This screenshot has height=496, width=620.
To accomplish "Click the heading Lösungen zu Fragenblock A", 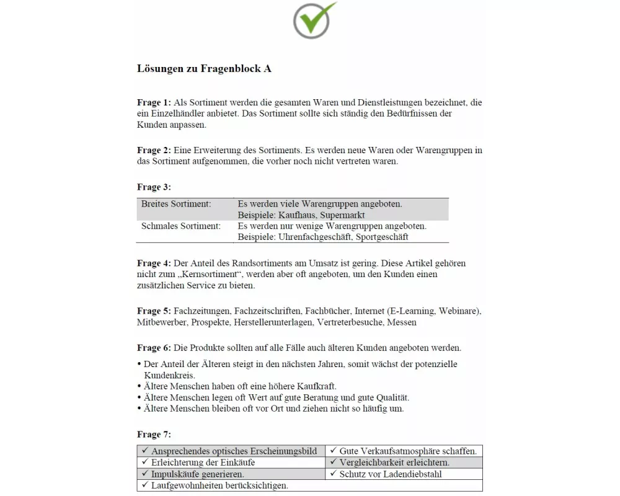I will tap(204, 69).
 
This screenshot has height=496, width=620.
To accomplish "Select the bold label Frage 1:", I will tap(154, 102).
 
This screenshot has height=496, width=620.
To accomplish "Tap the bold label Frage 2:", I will tap(154, 151).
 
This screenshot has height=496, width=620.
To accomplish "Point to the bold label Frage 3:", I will tap(154, 187).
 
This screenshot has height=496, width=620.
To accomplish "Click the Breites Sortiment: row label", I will tap(176, 204).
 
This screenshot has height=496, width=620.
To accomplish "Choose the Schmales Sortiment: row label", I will tap(180, 226).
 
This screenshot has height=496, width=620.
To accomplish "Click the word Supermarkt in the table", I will tap(343, 215).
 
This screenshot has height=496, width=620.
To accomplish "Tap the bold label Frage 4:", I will tap(154, 263).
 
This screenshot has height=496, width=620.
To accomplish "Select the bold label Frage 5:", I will tap(154, 311).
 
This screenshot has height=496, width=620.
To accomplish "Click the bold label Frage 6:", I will tap(154, 348).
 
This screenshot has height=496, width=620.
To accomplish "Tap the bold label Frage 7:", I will tap(154, 435).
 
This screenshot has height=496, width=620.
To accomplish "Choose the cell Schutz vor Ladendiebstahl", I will tap(391, 474).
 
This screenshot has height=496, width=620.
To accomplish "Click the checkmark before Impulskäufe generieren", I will tap(144, 474).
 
